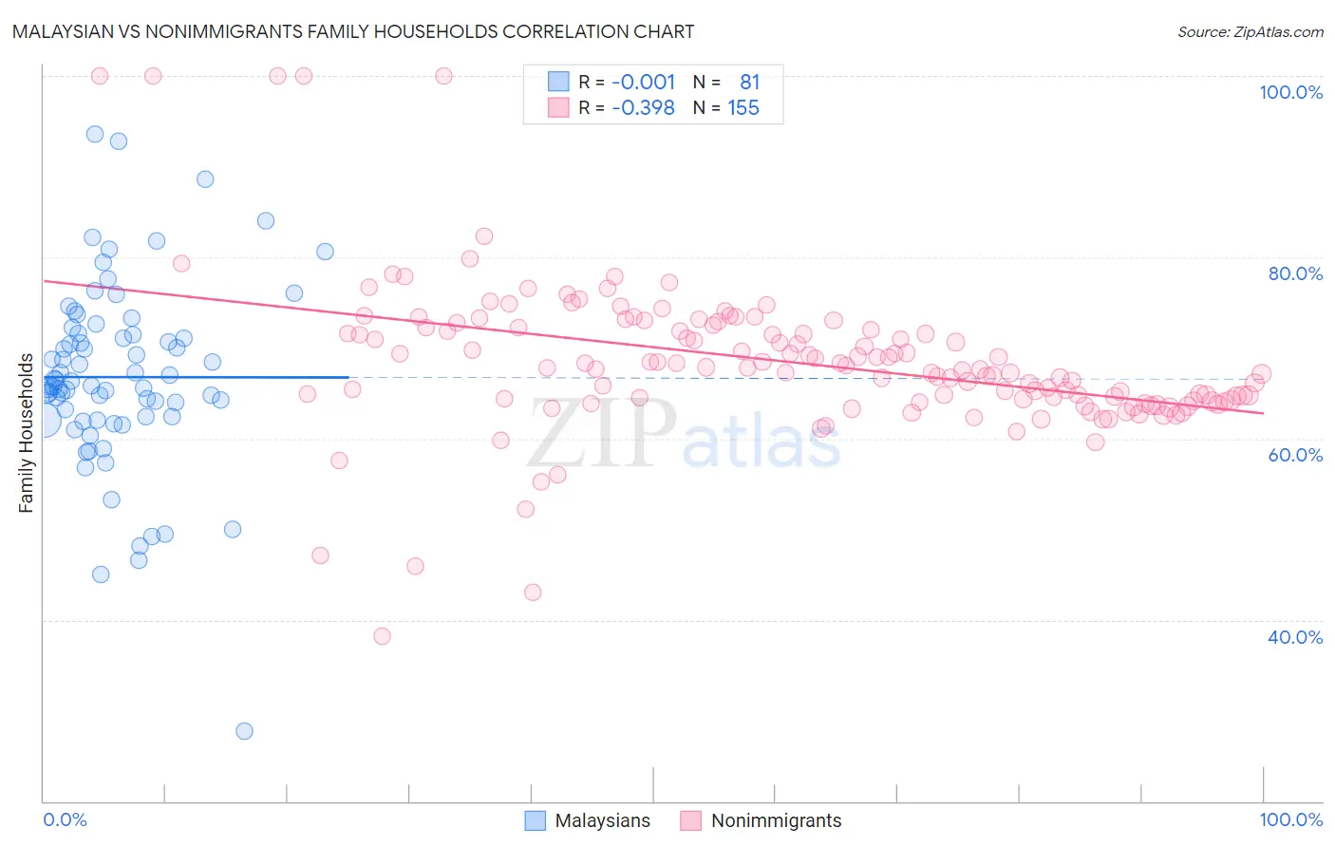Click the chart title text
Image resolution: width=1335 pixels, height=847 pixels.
click(353, 31)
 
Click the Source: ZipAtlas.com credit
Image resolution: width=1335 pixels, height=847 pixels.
click(1250, 31)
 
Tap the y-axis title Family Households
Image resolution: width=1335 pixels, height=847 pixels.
click(26, 433)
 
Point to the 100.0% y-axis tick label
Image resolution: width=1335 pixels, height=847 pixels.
click(1290, 92)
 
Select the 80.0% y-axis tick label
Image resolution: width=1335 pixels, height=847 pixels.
click(1295, 273)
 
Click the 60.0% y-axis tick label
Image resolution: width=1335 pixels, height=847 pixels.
click(1295, 455)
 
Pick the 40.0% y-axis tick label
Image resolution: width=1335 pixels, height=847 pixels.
click(1295, 637)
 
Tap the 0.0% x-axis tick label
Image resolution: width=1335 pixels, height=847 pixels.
click(65, 819)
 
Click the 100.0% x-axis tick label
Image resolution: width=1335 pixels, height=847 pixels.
click(1290, 819)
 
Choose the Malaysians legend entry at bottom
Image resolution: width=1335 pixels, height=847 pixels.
click(589, 820)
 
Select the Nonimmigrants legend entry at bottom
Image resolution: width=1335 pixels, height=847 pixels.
click(762, 820)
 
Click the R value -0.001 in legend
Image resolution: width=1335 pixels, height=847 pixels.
click(643, 82)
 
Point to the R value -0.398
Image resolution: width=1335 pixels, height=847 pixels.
click(643, 107)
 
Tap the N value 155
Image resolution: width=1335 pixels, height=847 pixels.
click(743, 107)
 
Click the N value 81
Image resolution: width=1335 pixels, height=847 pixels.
click(750, 82)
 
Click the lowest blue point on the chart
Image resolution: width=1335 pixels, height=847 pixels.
click(244, 731)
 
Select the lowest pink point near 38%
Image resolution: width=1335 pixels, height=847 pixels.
click(382, 636)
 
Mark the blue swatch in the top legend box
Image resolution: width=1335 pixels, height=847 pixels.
click(558, 82)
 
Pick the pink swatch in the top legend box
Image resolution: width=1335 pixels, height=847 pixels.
click(558, 107)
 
